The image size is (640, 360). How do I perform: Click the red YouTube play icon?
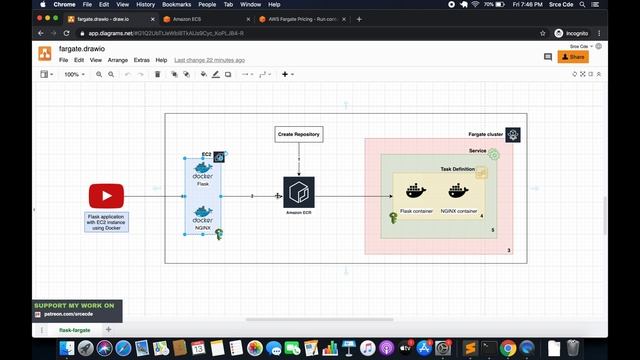tap(105, 196)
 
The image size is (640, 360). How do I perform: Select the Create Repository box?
tap(299, 133)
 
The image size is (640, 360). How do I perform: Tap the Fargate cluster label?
tap(485, 134)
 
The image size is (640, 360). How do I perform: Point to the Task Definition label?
tap(457, 169)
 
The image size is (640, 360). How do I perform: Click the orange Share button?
tap(574, 57)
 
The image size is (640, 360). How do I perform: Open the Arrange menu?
tap(117, 60)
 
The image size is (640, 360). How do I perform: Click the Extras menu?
tap(141, 60)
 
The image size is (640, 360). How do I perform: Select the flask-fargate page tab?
tap(74, 329)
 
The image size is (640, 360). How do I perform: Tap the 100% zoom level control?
tap(73, 74)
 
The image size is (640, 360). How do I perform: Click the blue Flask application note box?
tap(105, 222)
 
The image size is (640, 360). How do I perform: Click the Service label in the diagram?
tap(477, 151)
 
